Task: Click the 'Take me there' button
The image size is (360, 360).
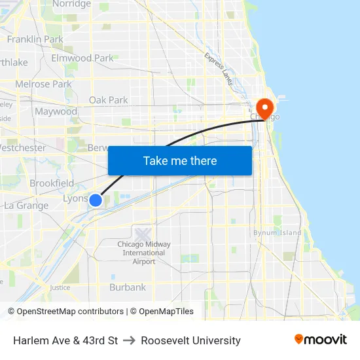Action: coord(180,160)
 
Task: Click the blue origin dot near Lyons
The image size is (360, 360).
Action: coord(96,200)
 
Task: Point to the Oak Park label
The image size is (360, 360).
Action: coord(109,100)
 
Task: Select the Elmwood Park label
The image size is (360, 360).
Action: coord(82,58)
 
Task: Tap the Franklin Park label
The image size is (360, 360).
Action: coord(35,39)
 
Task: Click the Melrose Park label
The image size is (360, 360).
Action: coord(43,84)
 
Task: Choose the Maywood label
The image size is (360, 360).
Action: coord(56,111)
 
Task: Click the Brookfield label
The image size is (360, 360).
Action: coord(52,183)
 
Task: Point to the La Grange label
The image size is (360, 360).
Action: coord(26,206)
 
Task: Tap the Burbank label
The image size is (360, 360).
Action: coord(128,287)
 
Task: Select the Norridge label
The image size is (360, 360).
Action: coord(71,4)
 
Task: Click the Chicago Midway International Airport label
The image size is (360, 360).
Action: coord(143,253)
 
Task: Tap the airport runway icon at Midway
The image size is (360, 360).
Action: coord(143,232)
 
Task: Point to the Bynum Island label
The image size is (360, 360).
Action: coord(278,232)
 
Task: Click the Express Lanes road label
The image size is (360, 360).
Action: coord(218,69)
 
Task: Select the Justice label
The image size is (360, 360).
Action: coord(60,287)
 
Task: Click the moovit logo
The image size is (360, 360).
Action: coord(321,339)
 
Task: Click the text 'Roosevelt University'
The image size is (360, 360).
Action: coord(190,340)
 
